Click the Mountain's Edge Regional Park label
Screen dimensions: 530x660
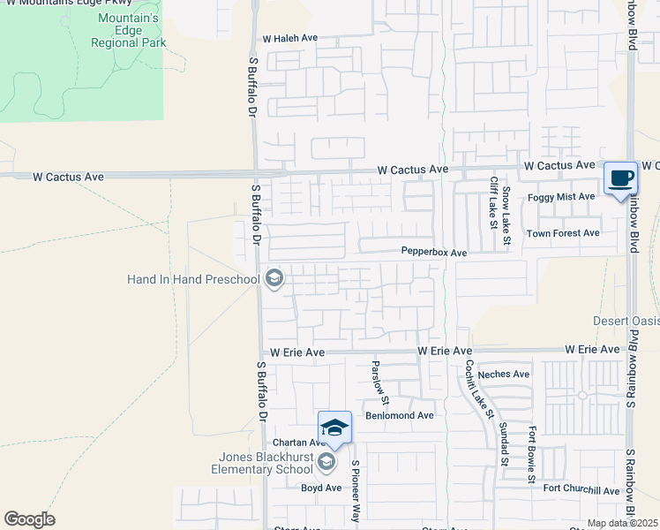(129, 31)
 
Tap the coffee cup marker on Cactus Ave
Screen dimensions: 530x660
(621, 178)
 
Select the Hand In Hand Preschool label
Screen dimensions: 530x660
(193, 280)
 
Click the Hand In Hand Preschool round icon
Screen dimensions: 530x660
(274, 280)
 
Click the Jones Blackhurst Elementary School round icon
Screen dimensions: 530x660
(326, 462)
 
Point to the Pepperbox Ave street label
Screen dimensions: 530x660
(433, 253)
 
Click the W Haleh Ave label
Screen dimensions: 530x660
(289, 39)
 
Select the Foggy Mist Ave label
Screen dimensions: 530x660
(561, 197)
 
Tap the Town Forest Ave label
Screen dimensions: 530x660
(563, 233)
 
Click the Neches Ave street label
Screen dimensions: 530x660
(504, 375)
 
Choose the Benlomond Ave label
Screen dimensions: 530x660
(400, 415)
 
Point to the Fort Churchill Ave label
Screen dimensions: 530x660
(581, 490)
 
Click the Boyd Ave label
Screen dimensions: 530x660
(321, 488)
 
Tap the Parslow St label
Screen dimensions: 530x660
(374, 377)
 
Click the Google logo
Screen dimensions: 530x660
(30, 519)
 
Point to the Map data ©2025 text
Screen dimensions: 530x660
(623, 523)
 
